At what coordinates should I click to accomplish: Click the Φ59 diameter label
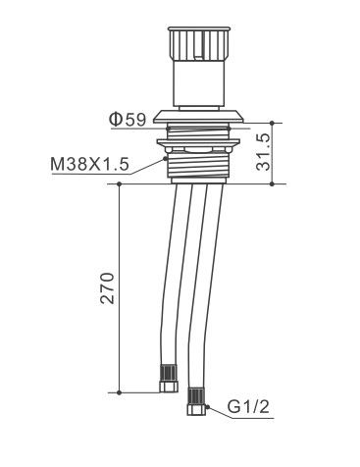128,120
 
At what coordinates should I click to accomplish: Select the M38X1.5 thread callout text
89,164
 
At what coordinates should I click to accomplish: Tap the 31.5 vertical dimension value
264,152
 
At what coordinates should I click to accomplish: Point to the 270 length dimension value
108,288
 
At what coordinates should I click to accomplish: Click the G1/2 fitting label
248,407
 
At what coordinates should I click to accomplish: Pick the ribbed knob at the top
197,43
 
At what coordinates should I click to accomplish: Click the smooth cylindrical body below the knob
198,83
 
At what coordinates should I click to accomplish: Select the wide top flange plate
199,117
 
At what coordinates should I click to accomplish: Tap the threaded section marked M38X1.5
199,165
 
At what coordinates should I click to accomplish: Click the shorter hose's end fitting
169,379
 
